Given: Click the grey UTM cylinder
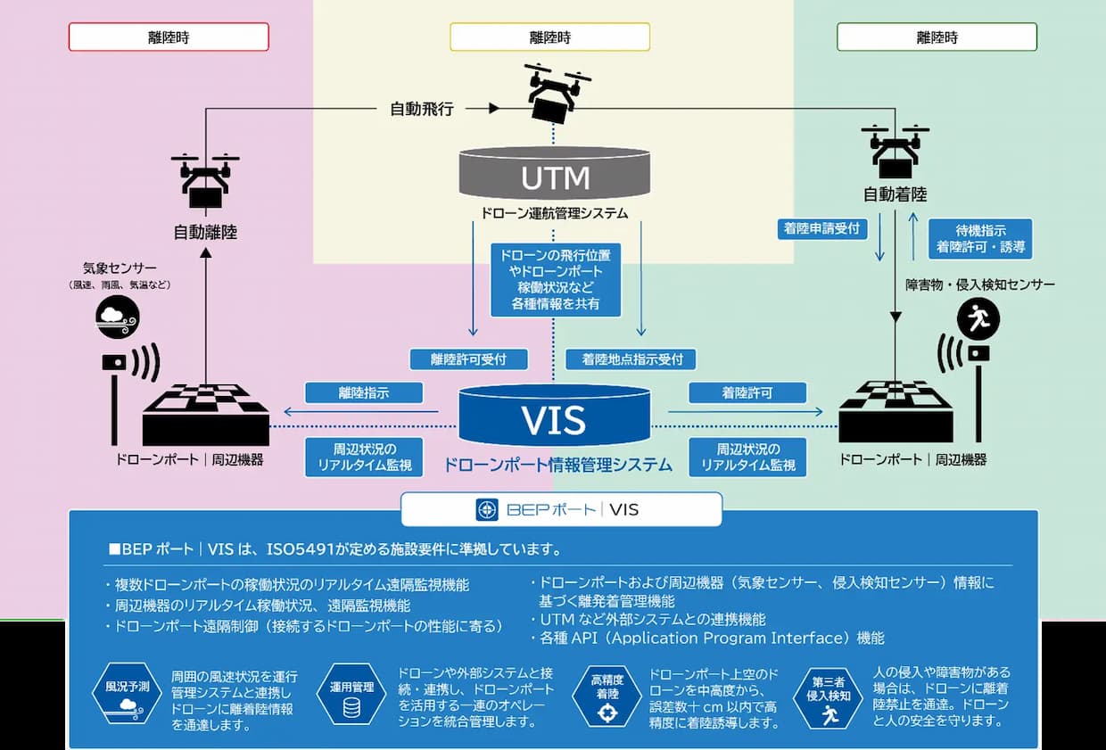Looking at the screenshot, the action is point(554,173).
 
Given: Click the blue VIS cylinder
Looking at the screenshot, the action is point(554,416).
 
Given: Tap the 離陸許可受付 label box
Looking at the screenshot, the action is point(468,359).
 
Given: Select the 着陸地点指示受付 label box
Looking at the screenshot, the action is point(631,359).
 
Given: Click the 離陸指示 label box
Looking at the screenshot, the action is point(364,392).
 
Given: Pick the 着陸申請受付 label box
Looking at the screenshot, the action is point(822,229).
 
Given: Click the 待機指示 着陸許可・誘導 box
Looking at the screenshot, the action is point(980,239).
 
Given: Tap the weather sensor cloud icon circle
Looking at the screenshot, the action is point(118,317).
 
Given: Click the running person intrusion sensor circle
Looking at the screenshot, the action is point(978,318).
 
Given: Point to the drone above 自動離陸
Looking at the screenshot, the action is point(205,180).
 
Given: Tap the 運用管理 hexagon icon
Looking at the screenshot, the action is point(351,693).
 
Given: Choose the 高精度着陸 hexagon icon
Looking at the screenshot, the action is point(607,696).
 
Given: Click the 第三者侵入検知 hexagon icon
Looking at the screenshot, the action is point(828,697).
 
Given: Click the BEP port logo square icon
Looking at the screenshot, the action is point(487,509).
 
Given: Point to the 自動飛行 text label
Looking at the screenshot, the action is point(422,109).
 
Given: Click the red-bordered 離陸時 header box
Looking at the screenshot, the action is point(169,37).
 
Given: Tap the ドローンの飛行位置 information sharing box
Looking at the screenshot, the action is point(556,279).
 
